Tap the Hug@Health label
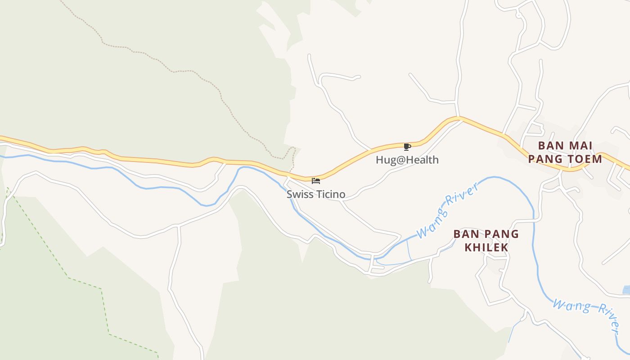[407, 160]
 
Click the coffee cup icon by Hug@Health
[407, 147]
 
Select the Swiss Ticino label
[316, 194]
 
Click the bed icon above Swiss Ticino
[316, 181]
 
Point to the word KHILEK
[486, 247]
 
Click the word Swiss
[298, 194]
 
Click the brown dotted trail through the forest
[198, 74]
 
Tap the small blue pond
[626, 290]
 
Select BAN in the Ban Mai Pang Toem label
[552, 146]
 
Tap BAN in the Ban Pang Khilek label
[464, 234]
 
